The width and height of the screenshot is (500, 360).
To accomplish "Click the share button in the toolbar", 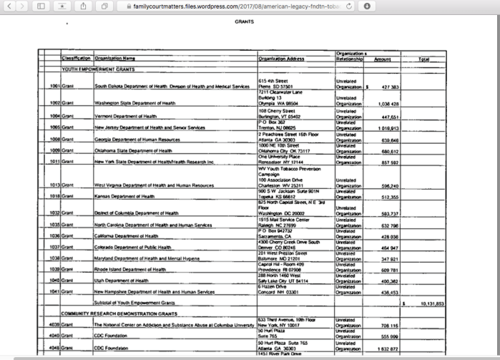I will [83, 6].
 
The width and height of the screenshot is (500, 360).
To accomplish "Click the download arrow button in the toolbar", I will [367, 6].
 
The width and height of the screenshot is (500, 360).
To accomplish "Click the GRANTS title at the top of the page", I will [244, 22].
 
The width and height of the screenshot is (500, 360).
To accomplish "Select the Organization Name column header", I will [115, 59].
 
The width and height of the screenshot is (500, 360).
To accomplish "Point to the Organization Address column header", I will [282, 59].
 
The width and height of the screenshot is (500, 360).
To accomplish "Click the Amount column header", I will [383, 59].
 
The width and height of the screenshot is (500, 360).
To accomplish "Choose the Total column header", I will [423, 59].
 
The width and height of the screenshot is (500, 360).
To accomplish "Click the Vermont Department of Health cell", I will [125, 115].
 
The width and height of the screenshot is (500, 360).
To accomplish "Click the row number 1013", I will [54, 185].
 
